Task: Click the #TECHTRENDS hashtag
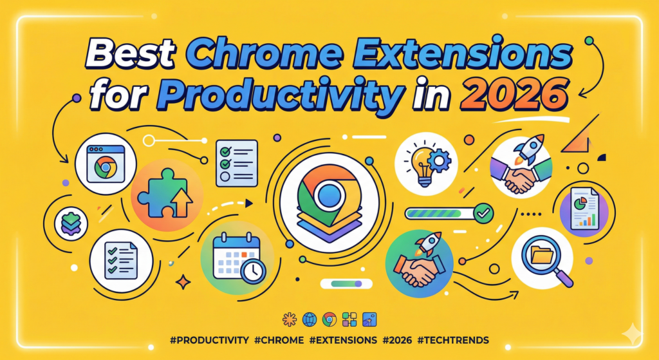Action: pos(455,338)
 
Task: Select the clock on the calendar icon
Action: pos(253,271)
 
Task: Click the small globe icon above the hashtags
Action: pos(309,319)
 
